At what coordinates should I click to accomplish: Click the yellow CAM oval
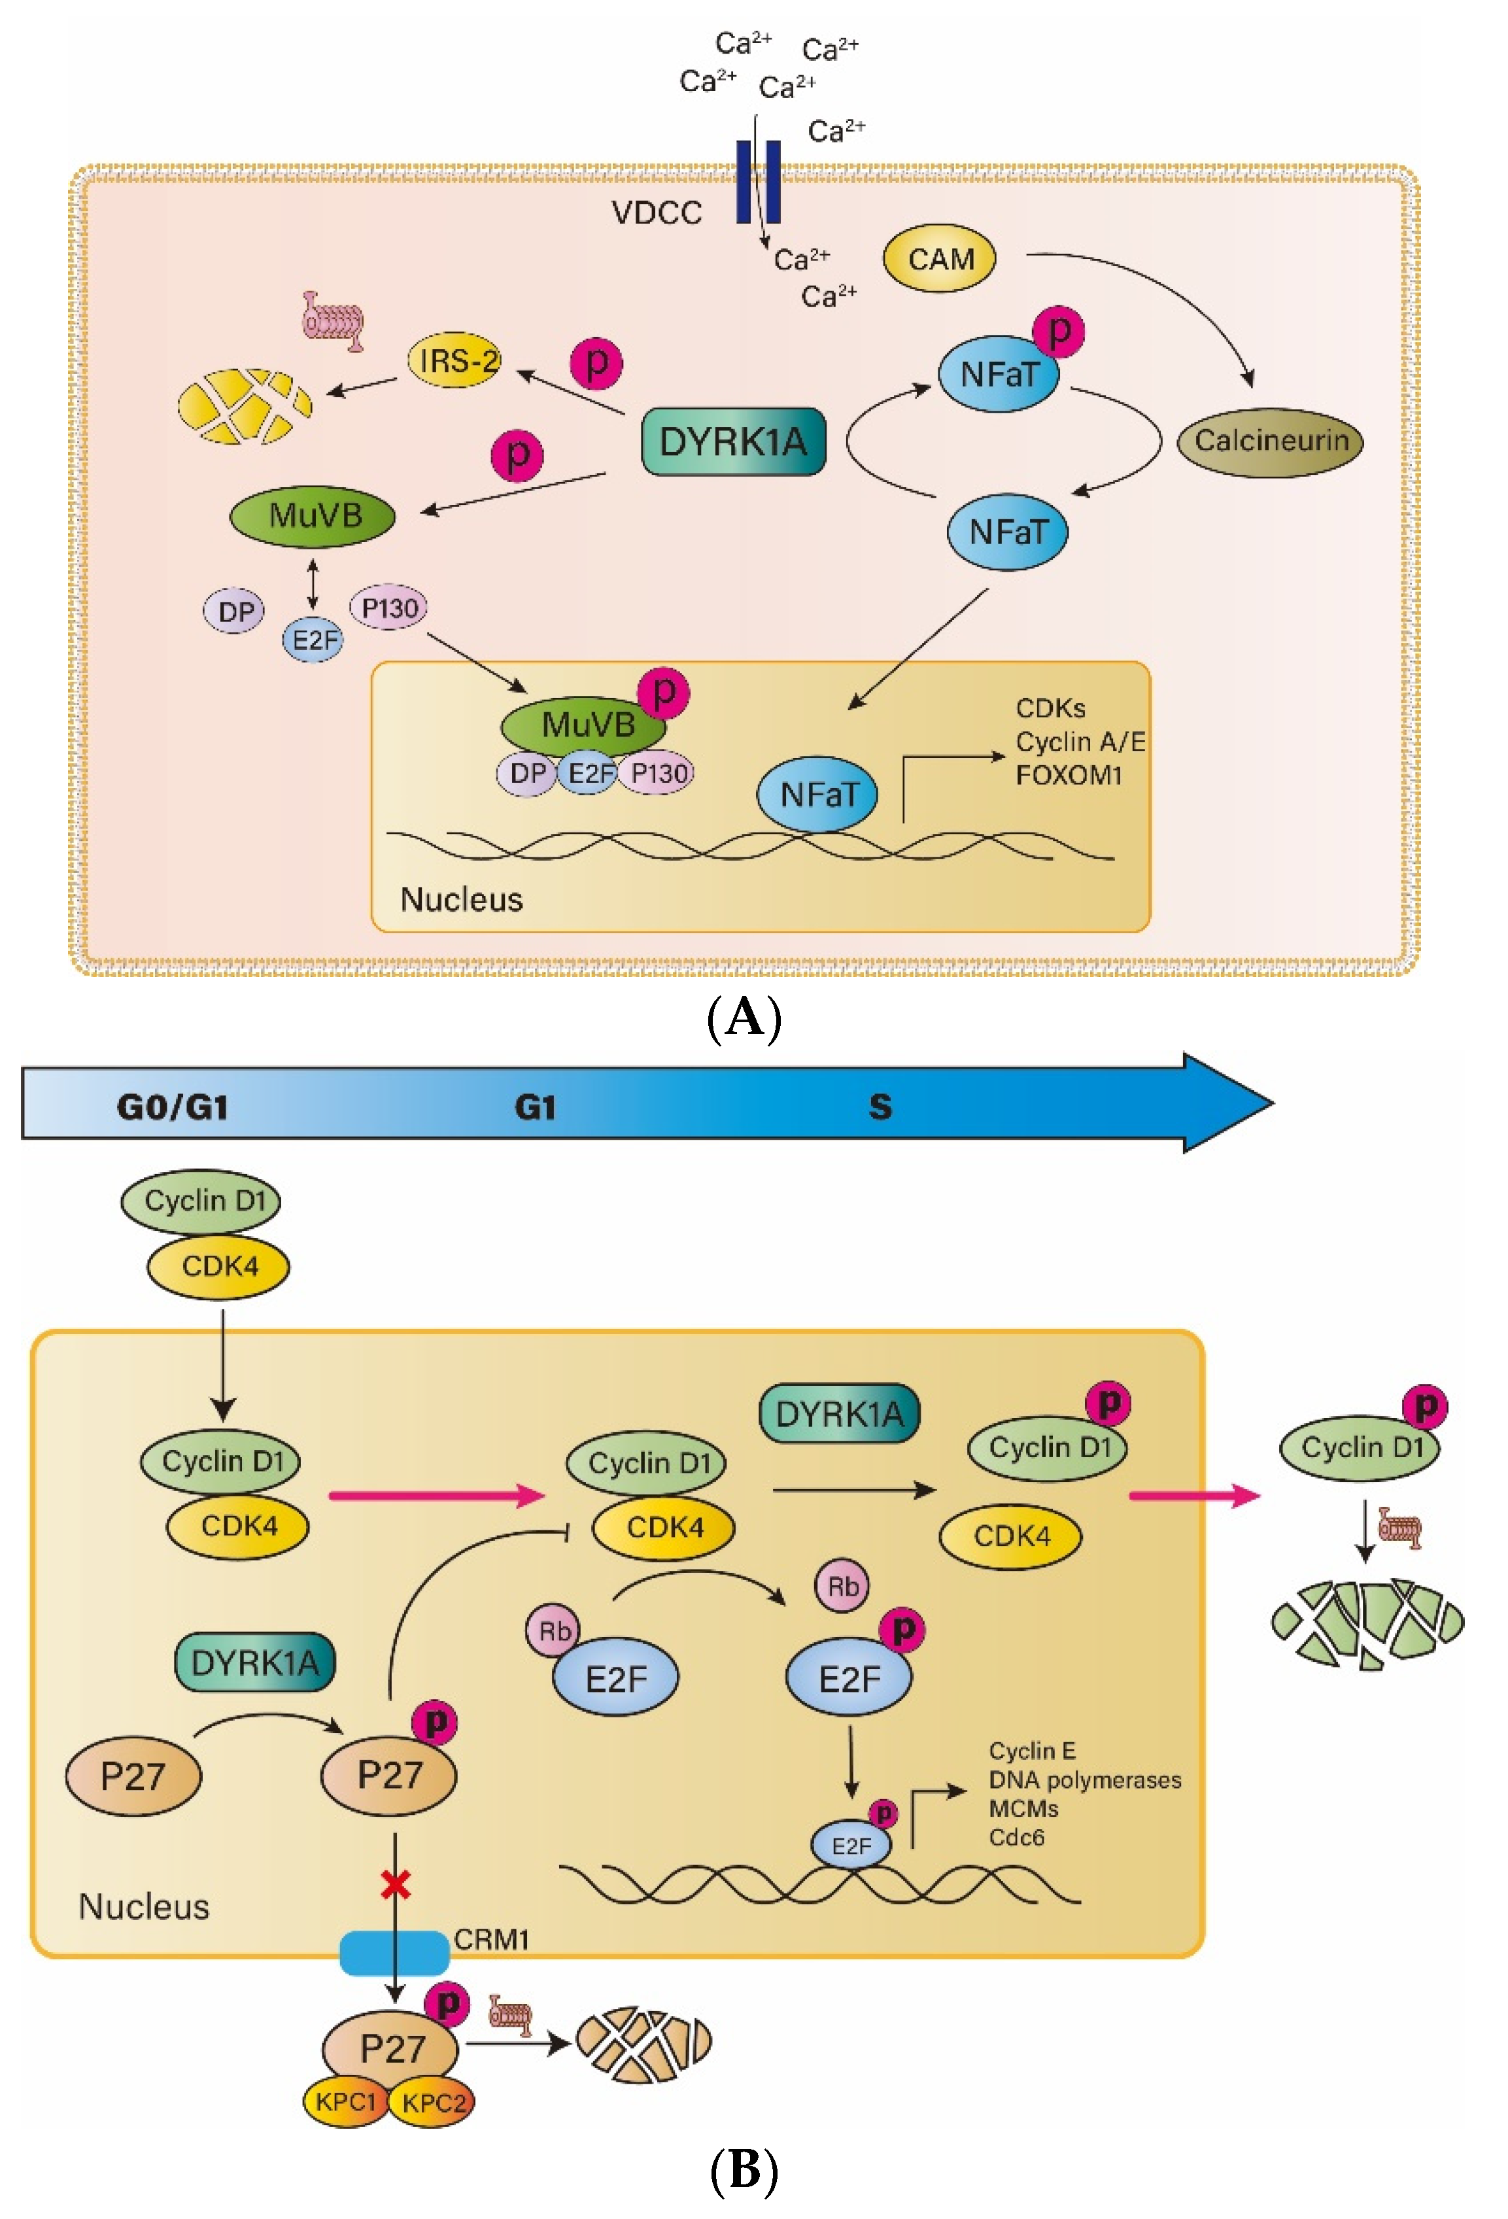[939, 259]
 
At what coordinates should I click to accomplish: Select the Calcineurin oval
[1269, 441]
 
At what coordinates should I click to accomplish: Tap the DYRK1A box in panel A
[732, 442]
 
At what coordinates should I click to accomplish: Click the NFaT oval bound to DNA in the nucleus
[817, 795]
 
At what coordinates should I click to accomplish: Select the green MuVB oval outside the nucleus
[313, 517]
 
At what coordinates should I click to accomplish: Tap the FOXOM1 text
[1068, 776]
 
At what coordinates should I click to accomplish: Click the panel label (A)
[744, 1018]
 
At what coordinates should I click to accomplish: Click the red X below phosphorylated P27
[396, 1885]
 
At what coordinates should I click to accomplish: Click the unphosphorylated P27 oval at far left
[133, 1776]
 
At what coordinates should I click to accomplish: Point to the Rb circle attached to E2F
[554, 1631]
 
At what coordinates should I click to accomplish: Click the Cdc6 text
[1016, 1838]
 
